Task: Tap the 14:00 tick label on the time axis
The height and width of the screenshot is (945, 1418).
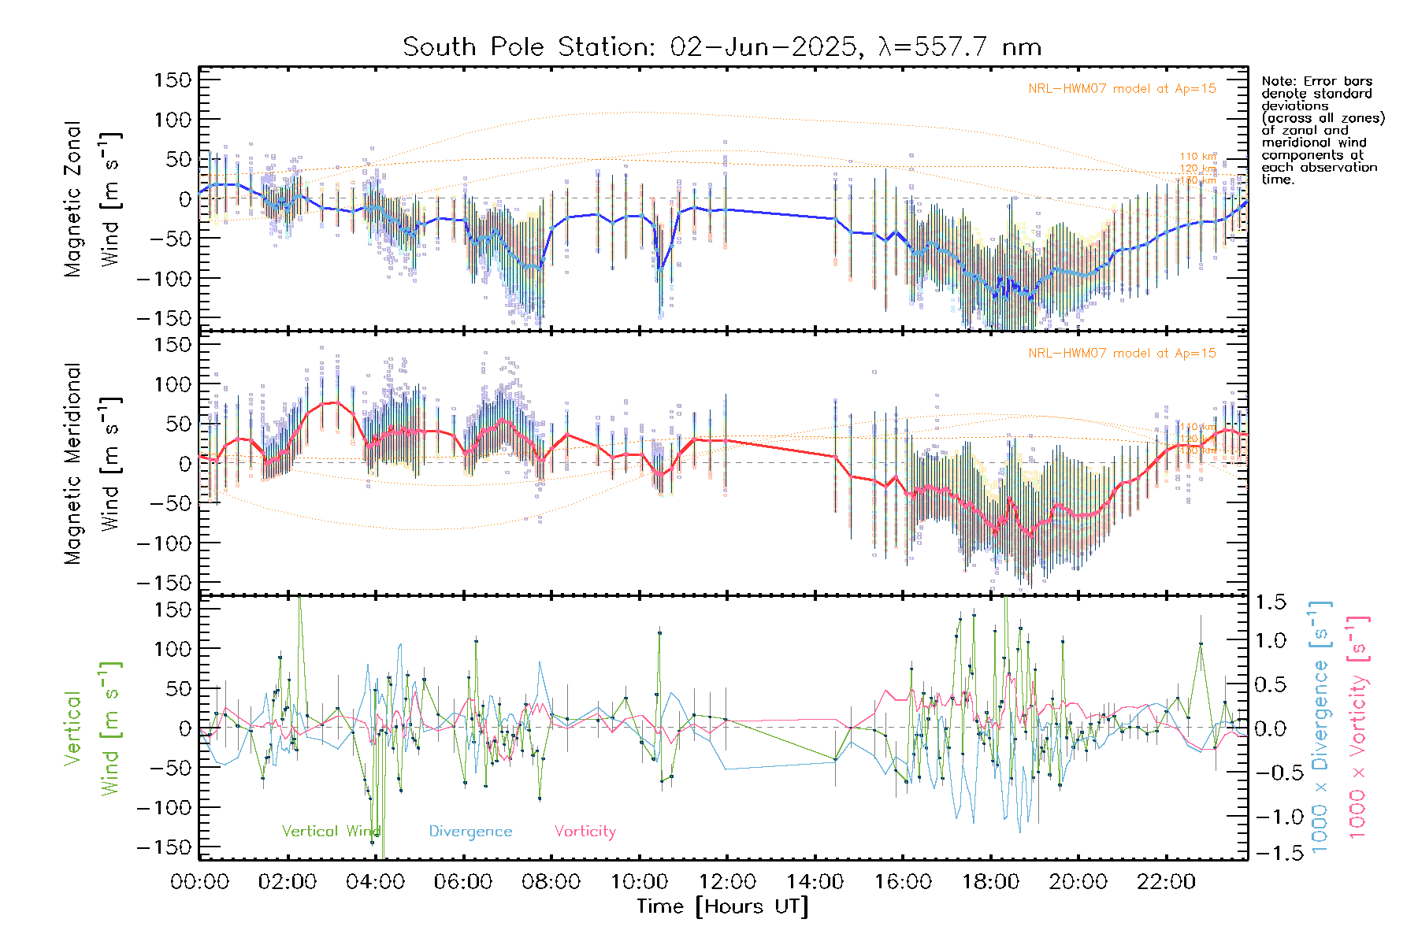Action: pyautogui.click(x=815, y=882)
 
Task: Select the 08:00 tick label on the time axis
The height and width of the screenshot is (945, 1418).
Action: pyautogui.click(x=551, y=882)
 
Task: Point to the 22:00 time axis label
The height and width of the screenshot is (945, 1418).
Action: pyautogui.click(x=1166, y=882)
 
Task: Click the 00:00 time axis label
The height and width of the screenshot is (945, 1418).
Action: pyautogui.click(x=199, y=882)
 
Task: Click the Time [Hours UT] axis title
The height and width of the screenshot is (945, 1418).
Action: pyautogui.click(x=722, y=906)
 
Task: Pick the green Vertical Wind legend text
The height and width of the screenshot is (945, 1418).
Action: pyautogui.click(x=331, y=832)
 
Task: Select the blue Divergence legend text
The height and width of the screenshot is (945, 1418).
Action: pyautogui.click(x=470, y=832)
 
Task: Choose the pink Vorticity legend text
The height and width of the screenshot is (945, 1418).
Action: pyautogui.click(x=585, y=832)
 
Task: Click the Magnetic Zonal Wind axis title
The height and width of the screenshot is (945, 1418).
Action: pyautogui.click(x=92, y=198)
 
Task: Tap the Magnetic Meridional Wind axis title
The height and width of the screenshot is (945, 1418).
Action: pyautogui.click(x=92, y=463)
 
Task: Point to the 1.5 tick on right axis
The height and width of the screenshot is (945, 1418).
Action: pyautogui.click(x=1270, y=602)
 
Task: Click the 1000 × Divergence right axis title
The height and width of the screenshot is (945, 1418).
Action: pyautogui.click(x=1320, y=726)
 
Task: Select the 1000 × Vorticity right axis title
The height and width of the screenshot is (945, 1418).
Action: pyautogui.click(x=1357, y=726)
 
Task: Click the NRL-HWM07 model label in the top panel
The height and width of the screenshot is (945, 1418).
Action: pyautogui.click(x=1122, y=89)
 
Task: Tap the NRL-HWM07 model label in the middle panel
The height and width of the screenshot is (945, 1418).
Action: pyautogui.click(x=1122, y=354)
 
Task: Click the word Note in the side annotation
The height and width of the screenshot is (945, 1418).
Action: pyautogui.click(x=1277, y=81)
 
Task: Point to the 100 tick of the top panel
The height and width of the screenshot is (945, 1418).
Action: pyautogui.click(x=173, y=120)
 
